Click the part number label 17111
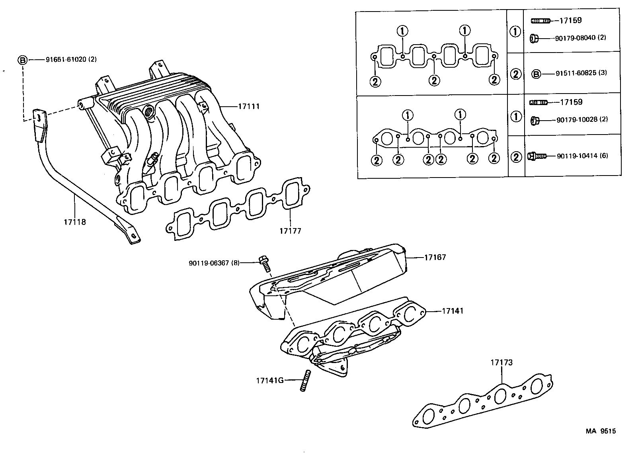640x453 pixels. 249,106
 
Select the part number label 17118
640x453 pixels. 74,222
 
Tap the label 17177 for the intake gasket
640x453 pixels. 290,231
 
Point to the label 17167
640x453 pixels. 435,257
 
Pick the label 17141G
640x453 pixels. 270,380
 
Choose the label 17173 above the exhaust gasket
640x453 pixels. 501,363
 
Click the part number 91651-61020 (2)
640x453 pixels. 71,60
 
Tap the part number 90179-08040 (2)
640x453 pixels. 580,38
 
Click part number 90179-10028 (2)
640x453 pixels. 581,119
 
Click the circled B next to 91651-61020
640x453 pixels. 22,60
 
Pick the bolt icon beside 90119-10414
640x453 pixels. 536,156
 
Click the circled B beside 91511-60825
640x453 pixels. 537,74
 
